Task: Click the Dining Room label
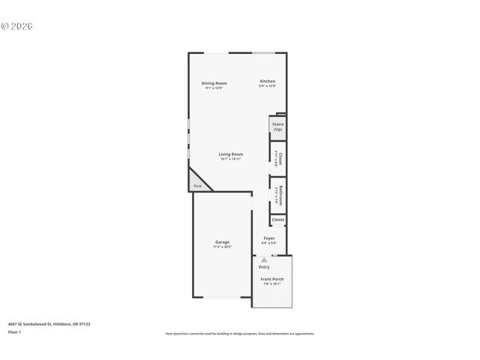[x=214, y=82]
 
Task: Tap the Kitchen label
[x=268, y=81]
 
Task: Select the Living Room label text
[x=230, y=154]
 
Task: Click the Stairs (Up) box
[x=277, y=127]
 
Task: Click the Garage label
[x=222, y=241]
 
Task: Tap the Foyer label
[x=269, y=238]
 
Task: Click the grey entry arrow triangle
[x=264, y=259]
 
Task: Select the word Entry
[x=264, y=267]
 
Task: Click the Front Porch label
[x=271, y=279]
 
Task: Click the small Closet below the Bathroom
[x=277, y=220]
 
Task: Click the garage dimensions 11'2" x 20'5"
[x=222, y=247]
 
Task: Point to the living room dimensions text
[x=230, y=159]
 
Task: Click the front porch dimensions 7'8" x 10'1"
[x=271, y=284]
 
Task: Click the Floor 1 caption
[x=14, y=331]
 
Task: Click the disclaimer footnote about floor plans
[x=239, y=334]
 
